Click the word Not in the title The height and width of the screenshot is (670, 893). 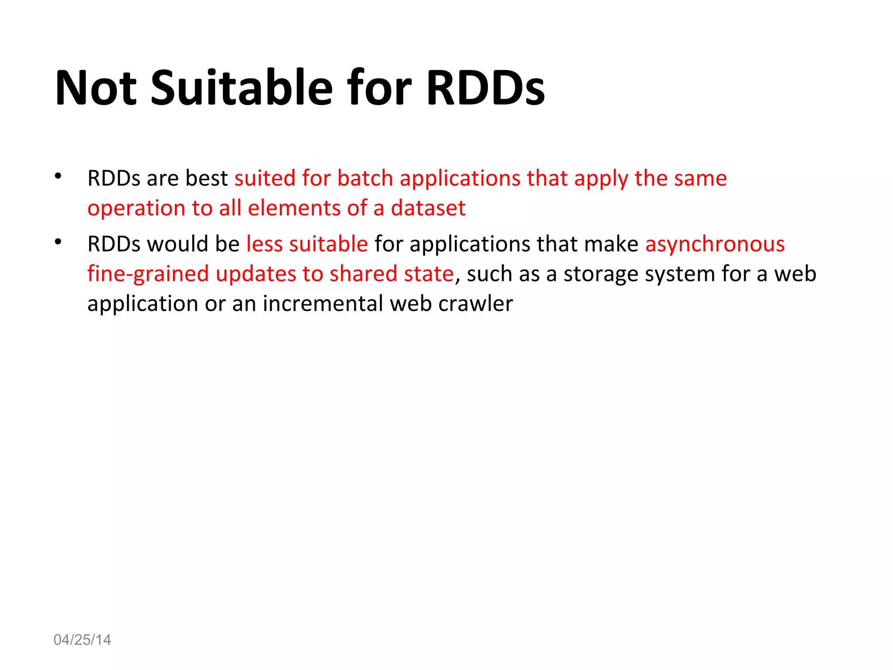[x=96, y=88]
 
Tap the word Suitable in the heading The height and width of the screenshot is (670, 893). [x=242, y=88]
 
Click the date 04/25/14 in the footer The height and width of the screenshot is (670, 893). [x=82, y=640]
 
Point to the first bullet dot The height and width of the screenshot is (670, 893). [x=58, y=176]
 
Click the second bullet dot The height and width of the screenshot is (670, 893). [x=58, y=242]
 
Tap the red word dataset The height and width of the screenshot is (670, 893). [x=428, y=208]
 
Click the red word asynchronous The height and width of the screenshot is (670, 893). [x=715, y=244]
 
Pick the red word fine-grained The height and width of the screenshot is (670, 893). [x=148, y=274]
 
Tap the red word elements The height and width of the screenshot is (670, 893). [x=294, y=208]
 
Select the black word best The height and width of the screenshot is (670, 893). [x=207, y=178]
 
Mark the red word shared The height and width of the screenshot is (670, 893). [x=363, y=274]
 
